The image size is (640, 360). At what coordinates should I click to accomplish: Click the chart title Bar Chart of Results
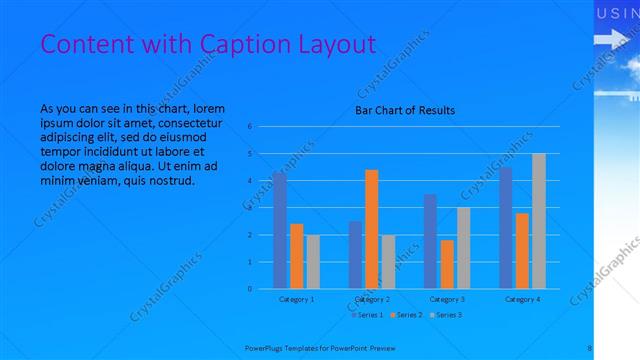coord(405,110)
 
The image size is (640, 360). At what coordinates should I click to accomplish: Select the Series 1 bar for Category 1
coord(280,230)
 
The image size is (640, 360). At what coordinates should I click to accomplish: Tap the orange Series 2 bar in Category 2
coord(371,229)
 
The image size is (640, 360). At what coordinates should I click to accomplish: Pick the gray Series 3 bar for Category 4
coord(539,221)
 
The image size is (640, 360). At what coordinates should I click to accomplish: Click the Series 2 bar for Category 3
coord(447,264)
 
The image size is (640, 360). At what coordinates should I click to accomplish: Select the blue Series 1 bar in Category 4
coord(505,228)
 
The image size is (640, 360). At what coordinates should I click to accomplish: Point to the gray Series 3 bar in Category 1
coord(313,262)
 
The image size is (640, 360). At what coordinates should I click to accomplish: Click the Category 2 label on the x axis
coord(372,299)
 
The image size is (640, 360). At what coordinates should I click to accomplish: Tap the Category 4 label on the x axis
coord(522,299)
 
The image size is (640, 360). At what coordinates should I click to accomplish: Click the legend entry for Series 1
coord(367,315)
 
